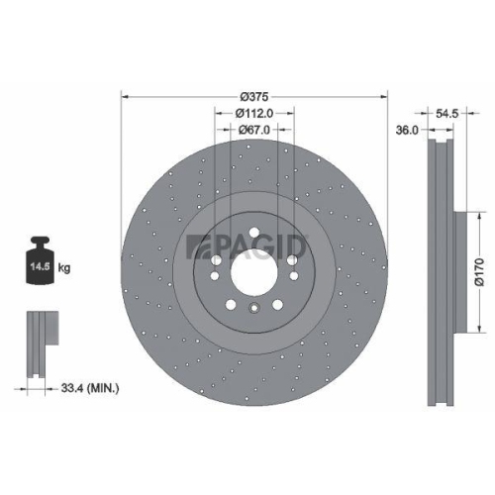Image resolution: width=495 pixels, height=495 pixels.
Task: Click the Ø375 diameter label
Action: point(253,95)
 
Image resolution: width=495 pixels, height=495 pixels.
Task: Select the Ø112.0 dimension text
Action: point(253,114)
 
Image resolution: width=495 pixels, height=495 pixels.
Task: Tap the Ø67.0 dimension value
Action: point(253,131)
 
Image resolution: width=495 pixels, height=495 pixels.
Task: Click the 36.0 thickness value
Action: point(405,129)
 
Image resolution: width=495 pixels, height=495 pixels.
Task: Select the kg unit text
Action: point(64,268)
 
